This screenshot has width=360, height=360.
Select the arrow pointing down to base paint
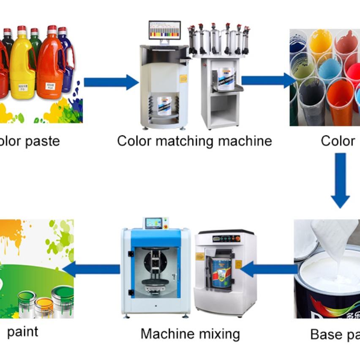click(x=340, y=180)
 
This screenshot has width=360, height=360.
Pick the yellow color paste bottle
click(x=22, y=63)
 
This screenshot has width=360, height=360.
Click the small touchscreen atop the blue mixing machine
click(x=153, y=223)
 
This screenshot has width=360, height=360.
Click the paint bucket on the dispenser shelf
click(x=226, y=79)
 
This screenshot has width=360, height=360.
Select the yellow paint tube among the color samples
click(x=321, y=42)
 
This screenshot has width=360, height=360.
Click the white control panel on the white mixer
click(x=226, y=239)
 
